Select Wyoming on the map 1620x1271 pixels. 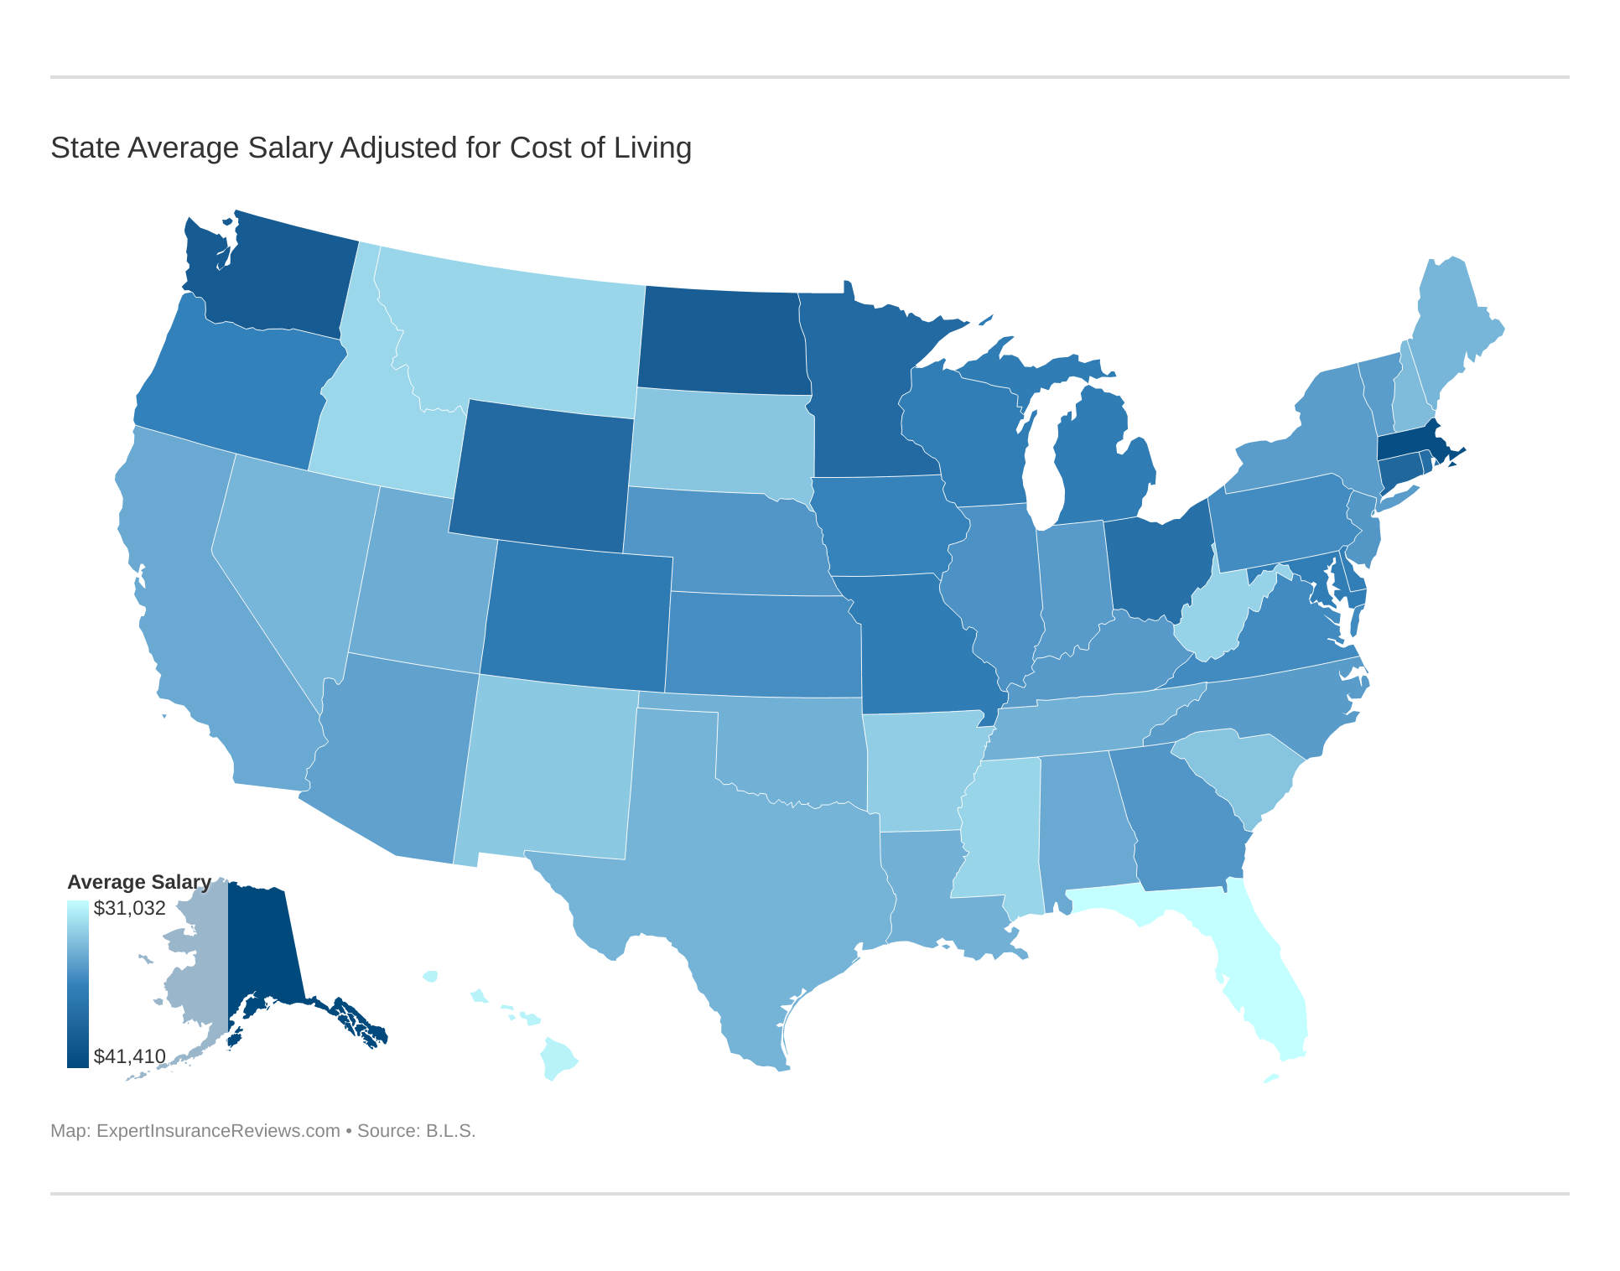point(541,478)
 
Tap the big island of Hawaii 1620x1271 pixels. point(558,1058)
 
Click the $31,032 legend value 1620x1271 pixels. point(129,908)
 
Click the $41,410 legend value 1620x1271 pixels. point(129,1056)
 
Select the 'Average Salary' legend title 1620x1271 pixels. point(138,882)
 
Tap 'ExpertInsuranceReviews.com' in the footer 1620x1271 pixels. point(218,1131)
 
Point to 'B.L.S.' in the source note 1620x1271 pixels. point(450,1131)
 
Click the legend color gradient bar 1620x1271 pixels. point(77,983)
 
